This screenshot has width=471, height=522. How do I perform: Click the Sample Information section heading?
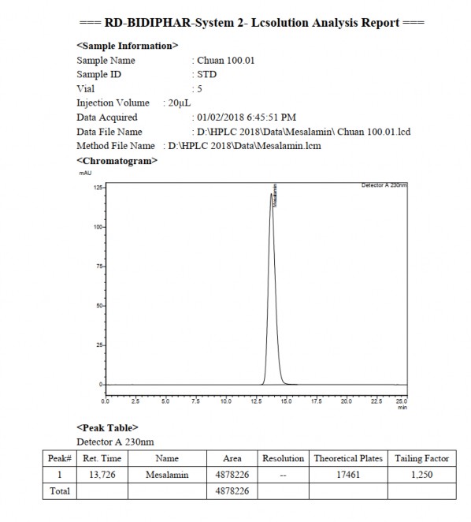pyautogui.click(x=128, y=46)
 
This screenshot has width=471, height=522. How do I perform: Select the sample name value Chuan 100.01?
pyautogui.click(x=226, y=60)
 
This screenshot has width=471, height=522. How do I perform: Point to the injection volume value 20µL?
pyautogui.click(x=179, y=103)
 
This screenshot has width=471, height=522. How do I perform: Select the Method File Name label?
pyautogui.click(x=115, y=145)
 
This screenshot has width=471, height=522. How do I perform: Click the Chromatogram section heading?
pyautogui.click(x=117, y=160)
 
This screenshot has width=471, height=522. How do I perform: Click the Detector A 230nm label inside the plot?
pyautogui.click(x=384, y=185)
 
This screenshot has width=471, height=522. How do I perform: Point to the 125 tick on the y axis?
pyautogui.click(x=98, y=188)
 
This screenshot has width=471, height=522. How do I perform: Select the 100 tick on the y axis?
pyautogui.click(x=98, y=227)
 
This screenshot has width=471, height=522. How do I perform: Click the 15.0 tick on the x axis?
pyautogui.click(x=286, y=401)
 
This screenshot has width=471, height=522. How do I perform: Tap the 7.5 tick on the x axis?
pyautogui.click(x=195, y=401)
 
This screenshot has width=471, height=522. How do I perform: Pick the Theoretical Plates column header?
pyautogui.click(x=348, y=458)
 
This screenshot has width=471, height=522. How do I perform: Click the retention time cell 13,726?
pyautogui.click(x=102, y=475)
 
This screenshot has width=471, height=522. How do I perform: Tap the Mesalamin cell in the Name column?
pyautogui.click(x=167, y=475)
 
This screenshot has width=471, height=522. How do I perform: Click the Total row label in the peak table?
pyautogui.click(x=60, y=491)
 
